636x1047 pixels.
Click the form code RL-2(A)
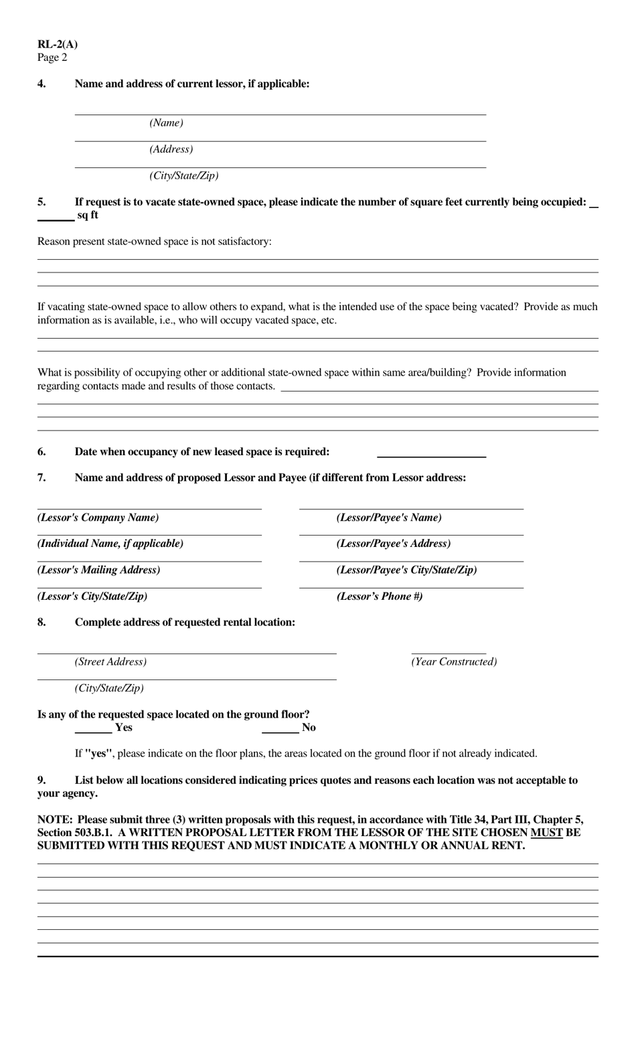(x=58, y=45)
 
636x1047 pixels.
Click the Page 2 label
(x=52, y=58)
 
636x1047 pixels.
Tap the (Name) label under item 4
(x=166, y=123)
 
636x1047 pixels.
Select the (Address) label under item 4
(x=171, y=149)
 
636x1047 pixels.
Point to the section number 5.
(x=42, y=202)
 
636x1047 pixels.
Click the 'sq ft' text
(x=87, y=215)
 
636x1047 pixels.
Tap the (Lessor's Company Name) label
(x=98, y=517)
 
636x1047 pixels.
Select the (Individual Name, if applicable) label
(x=110, y=544)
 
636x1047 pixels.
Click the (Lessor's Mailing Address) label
(x=98, y=570)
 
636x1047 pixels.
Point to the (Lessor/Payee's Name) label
(x=388, y=517)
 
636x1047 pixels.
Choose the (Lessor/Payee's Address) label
(x=393, y=544)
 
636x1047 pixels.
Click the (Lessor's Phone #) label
(x=379, y=596)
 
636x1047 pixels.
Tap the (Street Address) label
(x=110, y=662)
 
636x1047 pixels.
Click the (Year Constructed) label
(x=454, y=662)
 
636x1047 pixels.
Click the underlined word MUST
(x=546, y=833)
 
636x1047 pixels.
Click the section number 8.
(x=42, y=623)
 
